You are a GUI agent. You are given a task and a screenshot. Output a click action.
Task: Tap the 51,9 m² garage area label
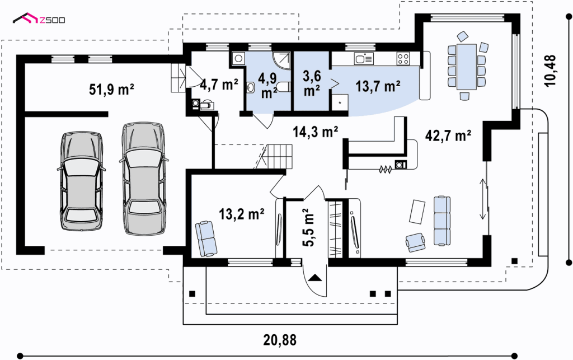pyautogui.click(x=111, y=89)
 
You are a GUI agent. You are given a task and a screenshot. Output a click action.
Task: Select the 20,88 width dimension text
pyautogui.click(x=280, y=340)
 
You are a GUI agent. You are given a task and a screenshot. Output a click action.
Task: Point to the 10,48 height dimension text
pyautogui.click(x=549, y=71)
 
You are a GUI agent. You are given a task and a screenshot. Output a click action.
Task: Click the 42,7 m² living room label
pyautogui.click(x=448, y=135)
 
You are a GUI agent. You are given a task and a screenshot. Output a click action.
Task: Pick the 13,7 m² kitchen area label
pyautogui.click(x=378, y=86)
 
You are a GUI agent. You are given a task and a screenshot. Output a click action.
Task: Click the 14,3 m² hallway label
pyautogui.click(x=316, y=131)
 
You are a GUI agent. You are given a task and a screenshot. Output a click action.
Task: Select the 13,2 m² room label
pyautogui.click(x=242, y=214)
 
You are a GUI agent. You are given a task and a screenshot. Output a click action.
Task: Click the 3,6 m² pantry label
pyautogui.click(x=312, y=83)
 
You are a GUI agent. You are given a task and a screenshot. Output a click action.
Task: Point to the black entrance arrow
pyautogui.click(x=315, y=277)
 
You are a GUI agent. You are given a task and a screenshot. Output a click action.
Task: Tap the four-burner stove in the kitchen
pyautogui.click(x=403, y=59)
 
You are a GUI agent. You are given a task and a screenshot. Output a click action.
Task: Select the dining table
pyautogui.click(x=466, y=67)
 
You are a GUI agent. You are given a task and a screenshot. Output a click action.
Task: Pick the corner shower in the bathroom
pyautogui.click(x=281, y=60)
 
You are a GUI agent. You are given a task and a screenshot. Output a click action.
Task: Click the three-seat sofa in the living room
pyautogui.click(x=442, y=221)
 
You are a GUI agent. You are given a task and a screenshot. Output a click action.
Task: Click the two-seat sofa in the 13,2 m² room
pyautogui.click(x=206, y=239)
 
